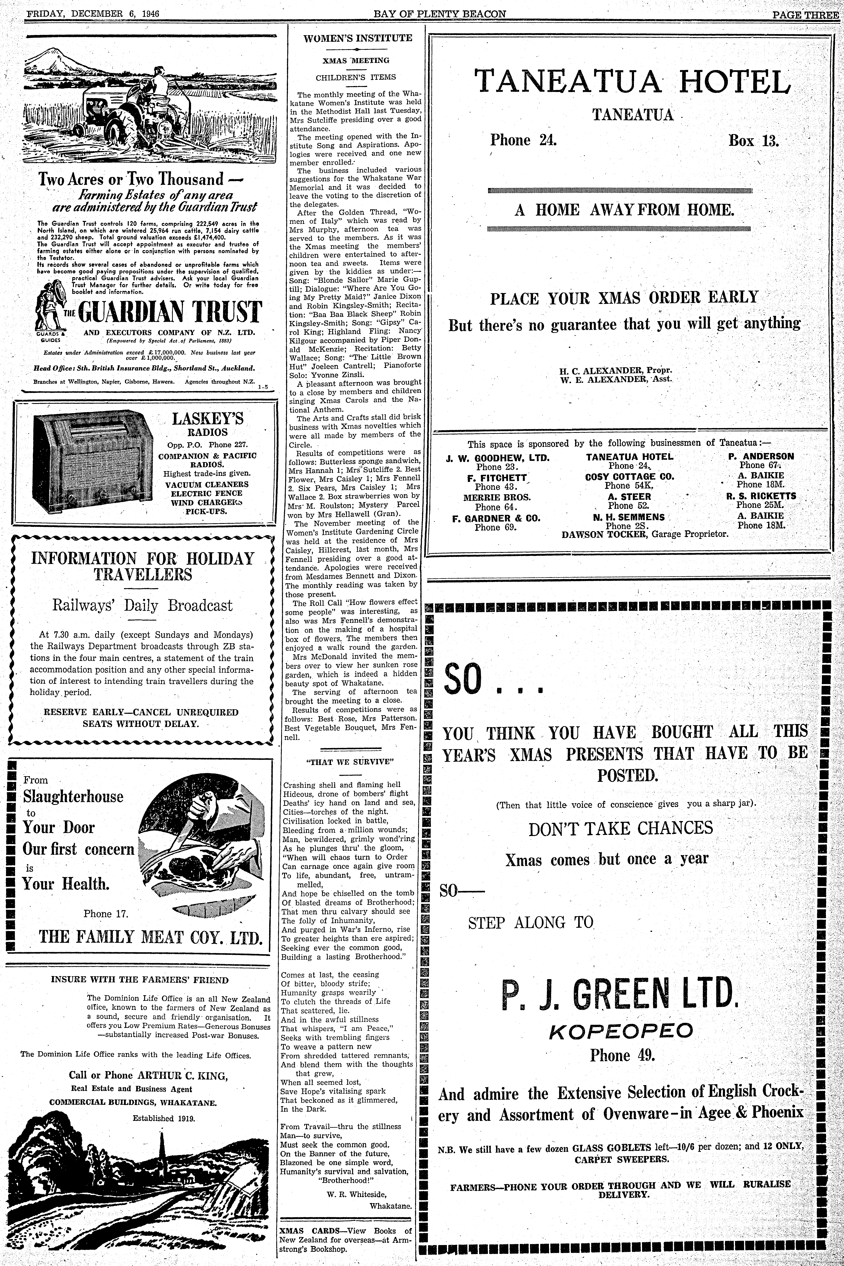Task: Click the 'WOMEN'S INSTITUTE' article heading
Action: (357, 38)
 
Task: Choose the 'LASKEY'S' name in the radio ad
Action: (207, 418)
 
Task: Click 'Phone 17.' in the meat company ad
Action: (106, 913)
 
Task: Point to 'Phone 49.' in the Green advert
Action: (622, 1055)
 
